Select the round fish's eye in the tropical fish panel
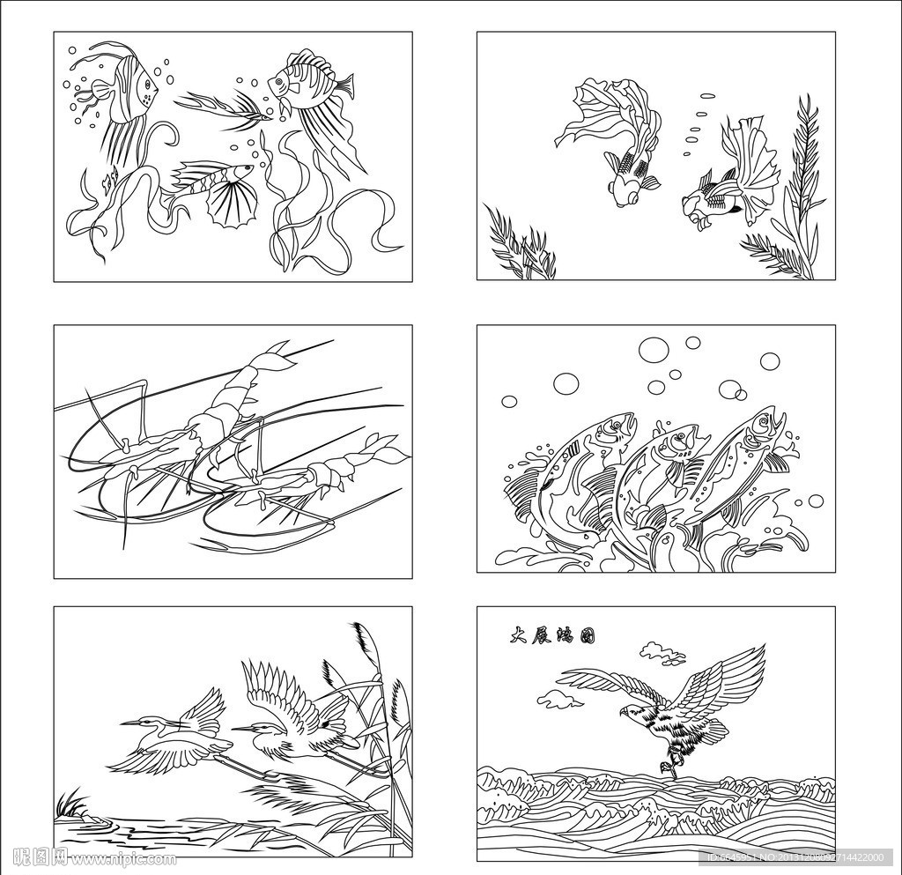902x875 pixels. (281, 81)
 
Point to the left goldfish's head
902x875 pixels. (625, 191)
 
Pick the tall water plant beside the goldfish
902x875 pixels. (802, 185)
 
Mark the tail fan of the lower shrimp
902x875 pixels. (388, 450)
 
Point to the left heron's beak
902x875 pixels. (131, 723)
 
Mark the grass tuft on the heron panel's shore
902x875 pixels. (71, 803)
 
